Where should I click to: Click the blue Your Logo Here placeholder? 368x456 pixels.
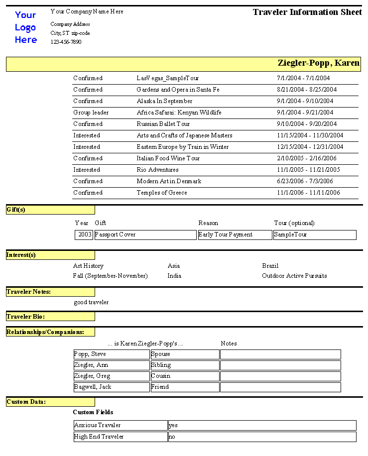26,27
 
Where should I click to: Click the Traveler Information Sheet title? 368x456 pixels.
307,12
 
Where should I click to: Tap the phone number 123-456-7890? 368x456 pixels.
66,42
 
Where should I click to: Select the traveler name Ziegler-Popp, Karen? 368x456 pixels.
318,63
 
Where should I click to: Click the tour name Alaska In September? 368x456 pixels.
164,101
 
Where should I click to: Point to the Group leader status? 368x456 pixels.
91,113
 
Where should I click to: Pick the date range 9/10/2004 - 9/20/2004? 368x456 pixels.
307,124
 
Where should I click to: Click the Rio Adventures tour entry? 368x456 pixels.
157,170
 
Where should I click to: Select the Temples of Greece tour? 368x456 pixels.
162,193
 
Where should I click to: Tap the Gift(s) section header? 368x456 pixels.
16,210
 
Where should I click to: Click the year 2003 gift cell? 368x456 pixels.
84,234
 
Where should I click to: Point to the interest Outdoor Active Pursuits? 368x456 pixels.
294,276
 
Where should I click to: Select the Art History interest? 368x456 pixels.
88,266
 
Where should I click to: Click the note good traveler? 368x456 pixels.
91,302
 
